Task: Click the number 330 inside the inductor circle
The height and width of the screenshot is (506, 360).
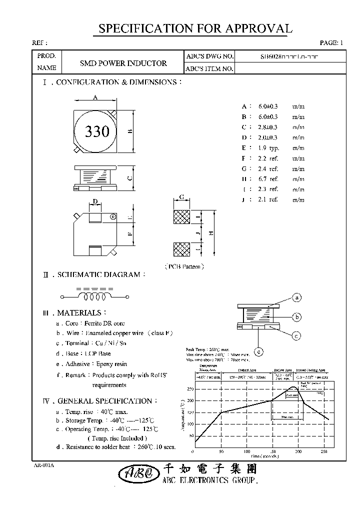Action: click(97, 131)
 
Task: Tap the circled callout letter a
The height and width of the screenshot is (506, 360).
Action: click(296, 297)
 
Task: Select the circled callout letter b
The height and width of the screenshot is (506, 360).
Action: click(296, 316)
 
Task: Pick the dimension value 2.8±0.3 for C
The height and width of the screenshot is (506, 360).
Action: click(268, 127)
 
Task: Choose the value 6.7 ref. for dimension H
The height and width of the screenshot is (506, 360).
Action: click(268, 178)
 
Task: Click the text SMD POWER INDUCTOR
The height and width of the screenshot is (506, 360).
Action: click(123, 63)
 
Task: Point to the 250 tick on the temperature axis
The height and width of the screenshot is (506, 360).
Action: click(190, 388)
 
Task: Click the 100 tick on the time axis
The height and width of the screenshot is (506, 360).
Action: click(247, 451)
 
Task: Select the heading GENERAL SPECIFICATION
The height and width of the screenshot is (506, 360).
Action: click(107, 401)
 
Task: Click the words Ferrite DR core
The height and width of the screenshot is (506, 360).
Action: click(105, 323)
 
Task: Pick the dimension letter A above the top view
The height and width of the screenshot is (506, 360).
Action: click(94, 98)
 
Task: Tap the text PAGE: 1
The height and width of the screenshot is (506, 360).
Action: click(331, 43)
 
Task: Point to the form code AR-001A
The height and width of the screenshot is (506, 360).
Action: click(43, 465)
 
